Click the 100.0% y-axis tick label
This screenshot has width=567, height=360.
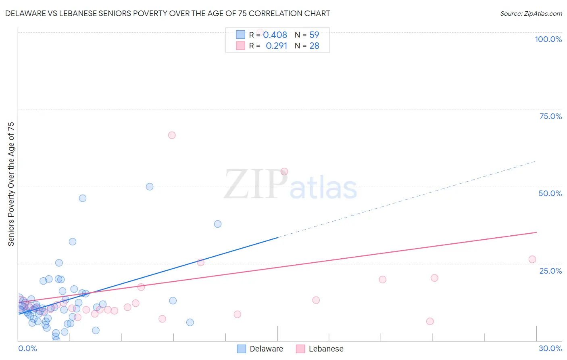548,39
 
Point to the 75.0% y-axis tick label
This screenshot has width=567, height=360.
550,116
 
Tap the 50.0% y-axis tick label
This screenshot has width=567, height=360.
550,193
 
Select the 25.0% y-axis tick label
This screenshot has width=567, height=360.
550,271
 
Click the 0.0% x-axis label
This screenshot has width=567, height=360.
27,348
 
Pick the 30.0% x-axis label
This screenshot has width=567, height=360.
550,348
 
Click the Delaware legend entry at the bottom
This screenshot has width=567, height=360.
266,349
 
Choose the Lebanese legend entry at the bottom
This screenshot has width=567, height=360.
326,349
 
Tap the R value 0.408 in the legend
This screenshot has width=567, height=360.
275,35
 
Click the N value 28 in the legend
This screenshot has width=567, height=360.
314,46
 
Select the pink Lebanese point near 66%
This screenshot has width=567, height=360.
172,135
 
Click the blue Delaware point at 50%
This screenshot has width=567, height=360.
150,186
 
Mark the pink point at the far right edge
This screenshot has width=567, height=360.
532,260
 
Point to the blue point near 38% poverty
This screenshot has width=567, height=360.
218,224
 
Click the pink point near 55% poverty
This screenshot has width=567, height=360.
284,172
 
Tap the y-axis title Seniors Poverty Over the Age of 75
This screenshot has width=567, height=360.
11,184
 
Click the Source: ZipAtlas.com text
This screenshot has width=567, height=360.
531,14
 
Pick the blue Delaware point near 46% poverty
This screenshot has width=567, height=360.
83,198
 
